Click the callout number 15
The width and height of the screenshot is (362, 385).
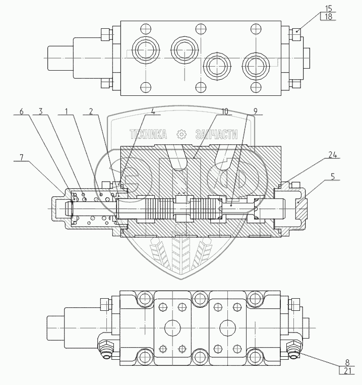tap(328, 9)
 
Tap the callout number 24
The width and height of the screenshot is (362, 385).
tap(333, 155)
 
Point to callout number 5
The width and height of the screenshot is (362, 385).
tap(333, 176)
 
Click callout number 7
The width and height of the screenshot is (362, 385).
tap(22, 157)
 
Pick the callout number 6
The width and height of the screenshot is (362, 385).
tap(22, 112)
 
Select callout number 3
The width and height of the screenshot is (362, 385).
tap(41, 112)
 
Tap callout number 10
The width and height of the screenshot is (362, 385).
tap(225, 112)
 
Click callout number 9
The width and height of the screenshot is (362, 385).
tap(256, 112)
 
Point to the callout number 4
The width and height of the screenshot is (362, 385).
tap(153, 112)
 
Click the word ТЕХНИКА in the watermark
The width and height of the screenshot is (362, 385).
tap(148, 134)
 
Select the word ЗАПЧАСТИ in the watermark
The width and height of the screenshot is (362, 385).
tap(217, 134)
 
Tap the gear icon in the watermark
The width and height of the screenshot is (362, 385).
tap(182, 134)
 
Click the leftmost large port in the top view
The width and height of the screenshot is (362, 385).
tap(146, 50)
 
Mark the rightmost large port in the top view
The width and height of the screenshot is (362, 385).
tap(256, 66)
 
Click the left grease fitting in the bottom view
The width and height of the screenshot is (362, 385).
tap(106, 350)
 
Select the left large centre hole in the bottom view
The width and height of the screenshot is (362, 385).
tap(172, 328)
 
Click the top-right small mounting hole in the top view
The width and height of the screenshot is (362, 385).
tap(256, 29)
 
